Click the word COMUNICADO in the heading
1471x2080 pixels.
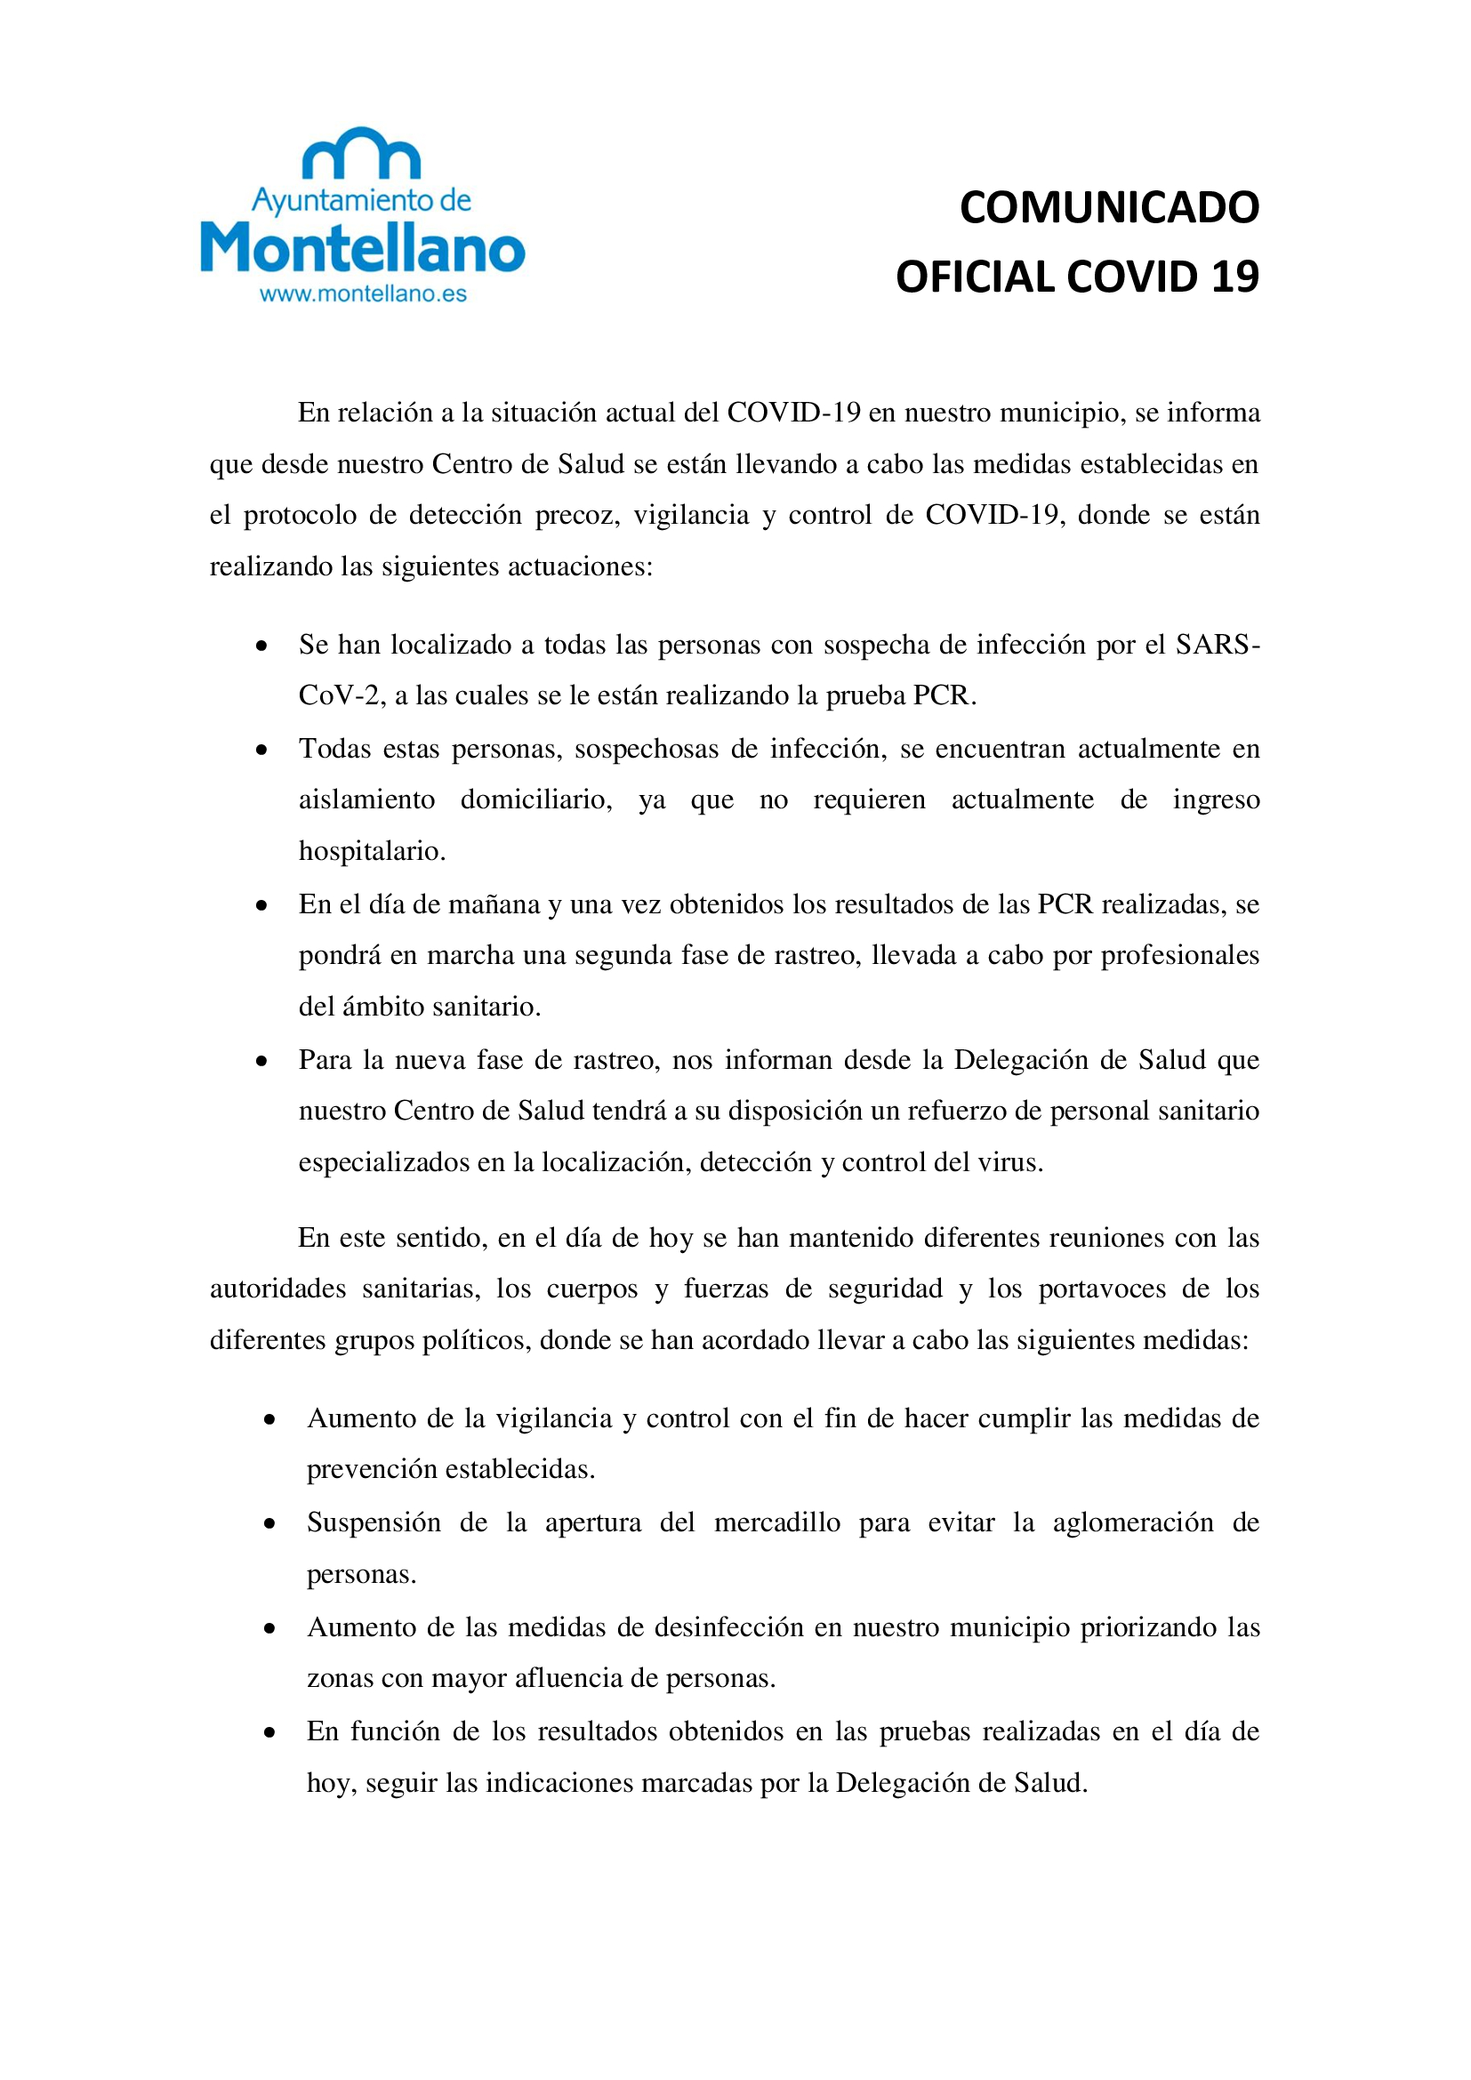1109,208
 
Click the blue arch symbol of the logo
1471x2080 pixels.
360,153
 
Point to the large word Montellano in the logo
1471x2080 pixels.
362,247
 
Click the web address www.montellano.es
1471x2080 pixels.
362,293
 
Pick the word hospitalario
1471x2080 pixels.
372,852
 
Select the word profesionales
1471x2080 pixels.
1179,956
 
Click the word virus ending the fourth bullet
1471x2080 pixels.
1013,1162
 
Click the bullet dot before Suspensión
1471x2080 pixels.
269,1525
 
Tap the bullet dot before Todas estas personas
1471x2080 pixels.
261,751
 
